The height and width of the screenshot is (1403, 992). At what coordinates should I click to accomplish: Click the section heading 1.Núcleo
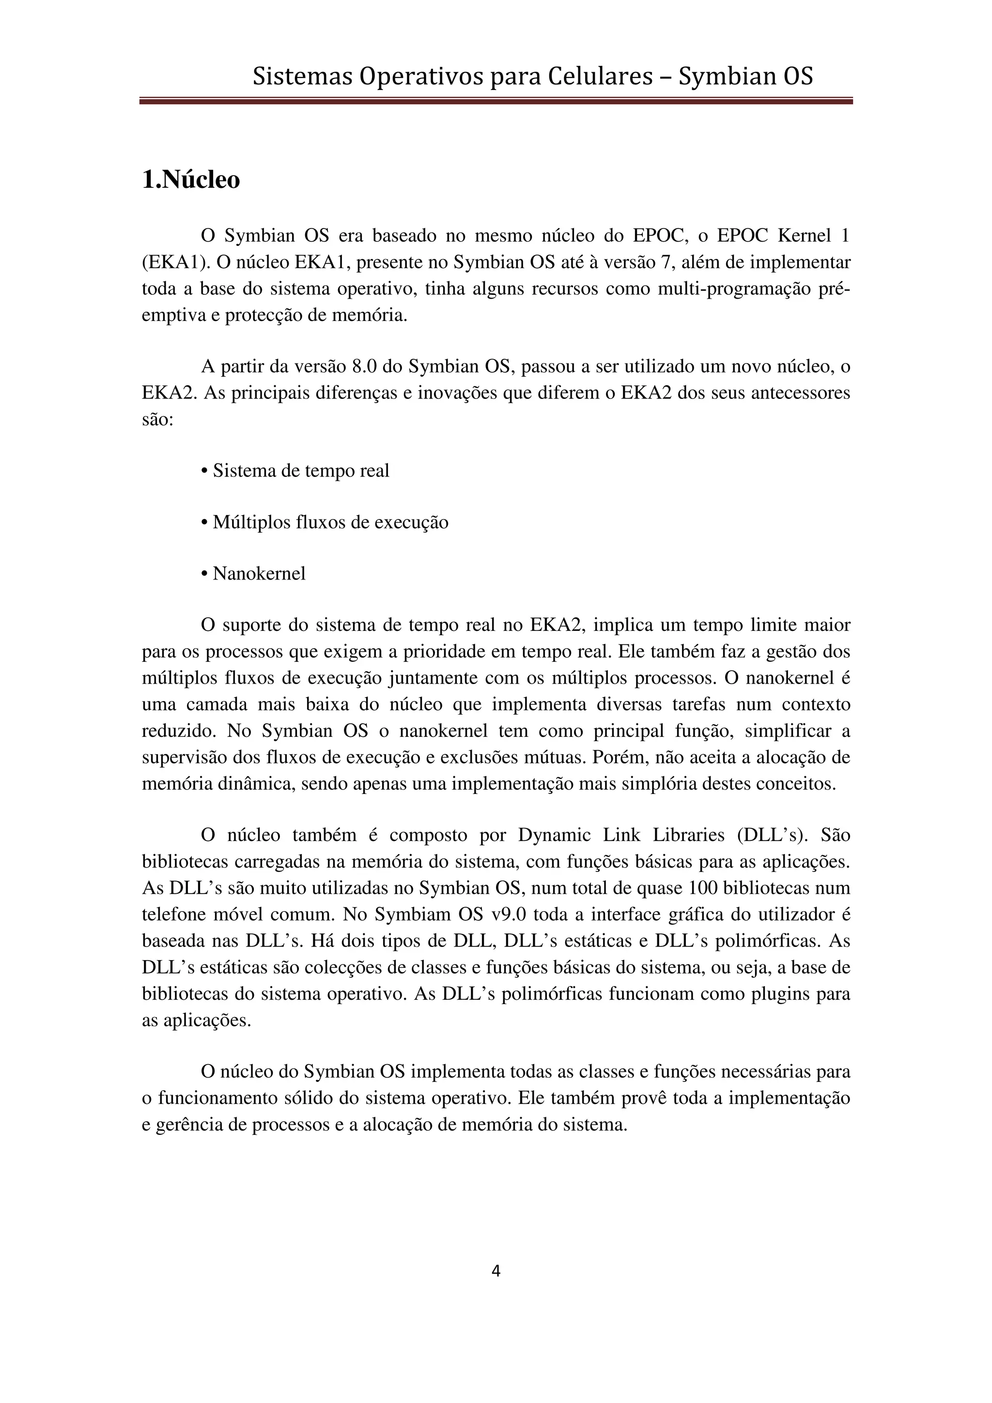191,180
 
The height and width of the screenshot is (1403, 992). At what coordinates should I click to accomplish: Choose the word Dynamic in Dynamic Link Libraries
555,835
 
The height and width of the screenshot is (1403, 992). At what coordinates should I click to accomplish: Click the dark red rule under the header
496,101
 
